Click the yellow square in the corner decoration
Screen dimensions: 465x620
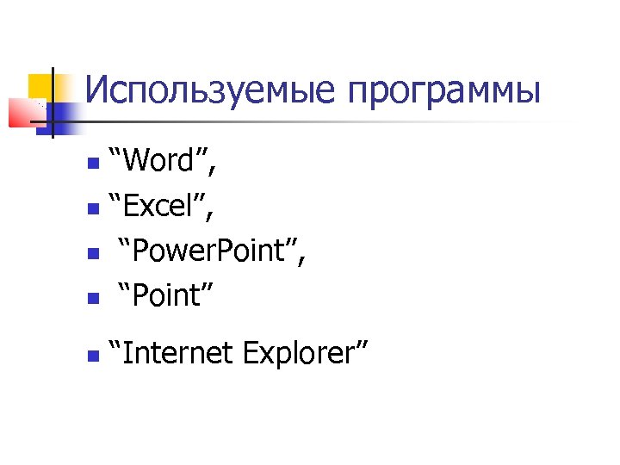[41, 87]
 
